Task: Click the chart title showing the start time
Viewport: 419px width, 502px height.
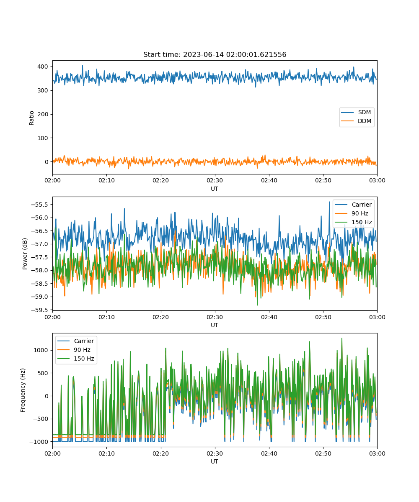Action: pyautogui.click(x=215, y=54)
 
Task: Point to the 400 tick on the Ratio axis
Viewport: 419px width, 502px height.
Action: pyautogui.click(x=43, y=67)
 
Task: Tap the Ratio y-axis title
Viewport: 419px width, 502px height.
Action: pyautogui.click(x=31, y=118)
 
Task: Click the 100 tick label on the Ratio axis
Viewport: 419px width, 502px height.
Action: pyautogui.click(x=43, y=138)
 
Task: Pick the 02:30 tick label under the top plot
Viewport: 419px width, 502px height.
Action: pyautogui.click(x=215, y=180)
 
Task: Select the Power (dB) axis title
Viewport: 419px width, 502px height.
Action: pyautogui.click(x=25, y=254)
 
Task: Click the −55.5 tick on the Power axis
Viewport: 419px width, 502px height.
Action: pyautogui.click(x=39, y=205)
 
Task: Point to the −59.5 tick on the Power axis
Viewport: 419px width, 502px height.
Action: pyautogui.click(x=39, y=310)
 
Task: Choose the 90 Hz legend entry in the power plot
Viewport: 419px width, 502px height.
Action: pyautogui.click(x=353, y=213)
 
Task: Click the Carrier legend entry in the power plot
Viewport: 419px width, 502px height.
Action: pyautogui.click(x=353, y=205)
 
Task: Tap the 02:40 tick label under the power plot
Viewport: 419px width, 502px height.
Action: pyautogui.click(x=269, y=317)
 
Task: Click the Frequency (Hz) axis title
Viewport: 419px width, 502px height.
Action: pyautogui.click(x=23, y=390)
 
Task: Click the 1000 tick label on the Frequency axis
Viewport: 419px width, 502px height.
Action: pyautogui.click(x=41, y=350)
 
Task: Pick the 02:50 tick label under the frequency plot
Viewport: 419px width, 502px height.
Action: pyautogui.click(x=323, y=453)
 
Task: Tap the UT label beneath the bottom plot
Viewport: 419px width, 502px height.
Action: pyautogui.click(x=214, y=461)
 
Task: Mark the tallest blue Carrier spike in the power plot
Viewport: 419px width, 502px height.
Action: pyautogui.click(x=329, y=202)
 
